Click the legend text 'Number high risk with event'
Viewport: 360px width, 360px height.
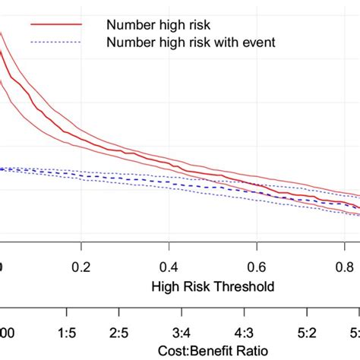191,43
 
